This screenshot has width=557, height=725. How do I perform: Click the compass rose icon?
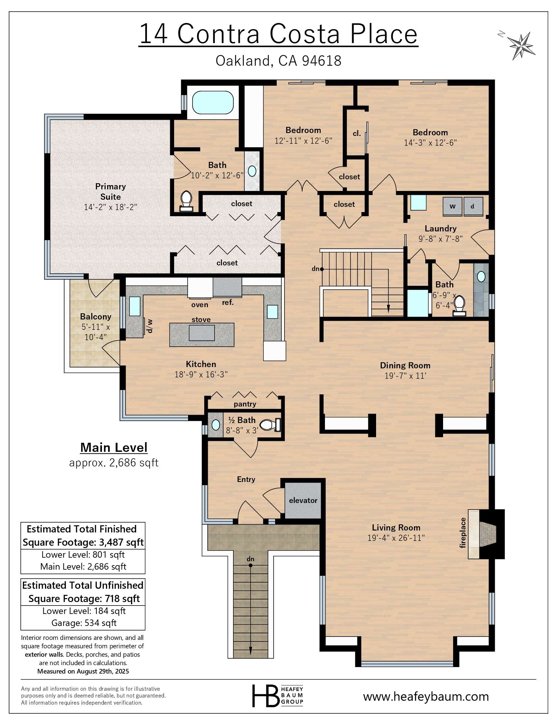click(x=521, y=45)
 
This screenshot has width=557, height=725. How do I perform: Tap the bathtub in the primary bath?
click(x=213, y=103)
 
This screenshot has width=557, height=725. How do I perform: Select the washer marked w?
click(x=452, y=206)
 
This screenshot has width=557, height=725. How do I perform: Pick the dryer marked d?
click(x=473, y=206)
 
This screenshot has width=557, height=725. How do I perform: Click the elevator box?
click(x=303, y=501)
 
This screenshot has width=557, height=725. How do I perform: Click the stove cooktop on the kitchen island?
click(x=202, y=333)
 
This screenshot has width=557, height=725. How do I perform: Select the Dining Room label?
click(x=405, y=365)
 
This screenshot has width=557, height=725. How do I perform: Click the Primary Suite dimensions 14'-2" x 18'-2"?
click(x=110, y=207)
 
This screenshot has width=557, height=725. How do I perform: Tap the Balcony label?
click(x=95, y=317)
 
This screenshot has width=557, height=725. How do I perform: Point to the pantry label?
click(x=245, y=404)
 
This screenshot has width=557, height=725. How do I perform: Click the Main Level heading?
click(x=114, y=448)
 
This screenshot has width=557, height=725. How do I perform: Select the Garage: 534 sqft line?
click(x=84, y=623)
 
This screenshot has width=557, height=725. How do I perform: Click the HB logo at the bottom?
click(x=265, y=696)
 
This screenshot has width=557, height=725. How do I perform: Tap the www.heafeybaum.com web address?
click(x=426, y=696)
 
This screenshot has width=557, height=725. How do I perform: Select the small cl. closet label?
click(x=356, y=134)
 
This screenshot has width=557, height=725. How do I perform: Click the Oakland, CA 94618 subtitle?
click(x=278, y=61)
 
